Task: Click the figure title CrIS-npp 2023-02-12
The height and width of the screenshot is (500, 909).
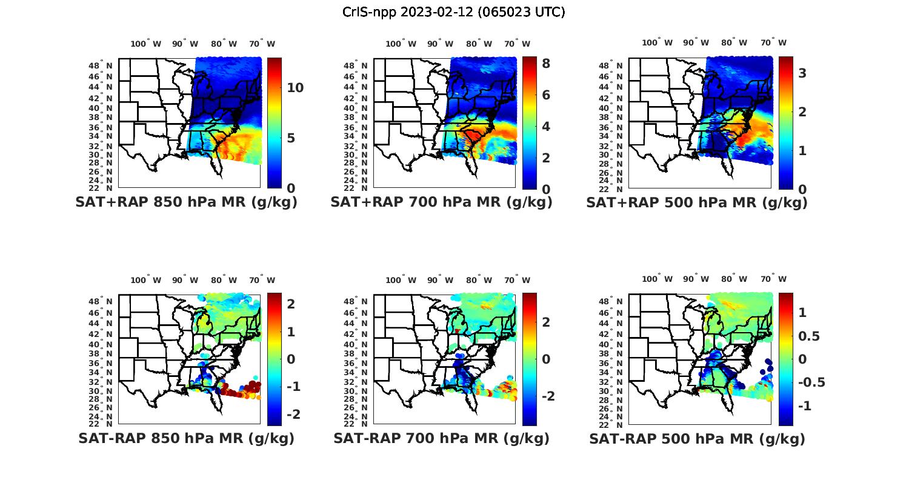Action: pyautogui.click(x=453, y=12)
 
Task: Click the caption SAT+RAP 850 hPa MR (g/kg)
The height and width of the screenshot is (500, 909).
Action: pyautogui.click(x=186, y=202)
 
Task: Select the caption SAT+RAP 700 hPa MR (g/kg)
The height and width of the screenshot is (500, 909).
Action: pyautogui.click(x=441, y=202)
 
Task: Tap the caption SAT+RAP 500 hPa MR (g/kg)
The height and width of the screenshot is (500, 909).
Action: pyautogui.click(x=697, y=202)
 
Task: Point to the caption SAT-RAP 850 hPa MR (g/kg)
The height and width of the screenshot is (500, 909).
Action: pyautogui.click(x=186, y=438)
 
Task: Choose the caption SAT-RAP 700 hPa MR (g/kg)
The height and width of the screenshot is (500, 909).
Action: pyautogui.click(x=441, y=438)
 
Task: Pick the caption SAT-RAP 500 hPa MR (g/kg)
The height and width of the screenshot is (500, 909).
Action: pyautogui.click(x=697, y=438)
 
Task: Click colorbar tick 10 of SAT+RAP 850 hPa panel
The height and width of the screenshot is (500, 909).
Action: pyautogui.click(x=295, y=88)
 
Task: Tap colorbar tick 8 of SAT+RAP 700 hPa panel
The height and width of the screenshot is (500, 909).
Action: pyautogui.click(x=545, y=63)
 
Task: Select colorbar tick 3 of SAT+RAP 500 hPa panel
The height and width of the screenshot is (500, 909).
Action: pyautogui.click(x=802, y=73)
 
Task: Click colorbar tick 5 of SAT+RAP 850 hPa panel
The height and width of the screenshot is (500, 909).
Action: pyautogui.click(x=291, y=138)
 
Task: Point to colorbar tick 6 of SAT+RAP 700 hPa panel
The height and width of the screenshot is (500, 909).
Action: pyautogui.click(x=545, y=95)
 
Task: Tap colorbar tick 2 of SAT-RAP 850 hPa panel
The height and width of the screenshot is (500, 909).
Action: pyautogui.click(x=291, y=304)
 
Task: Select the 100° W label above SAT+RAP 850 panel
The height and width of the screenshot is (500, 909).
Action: pyautogui.click(x=146, y=44)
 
